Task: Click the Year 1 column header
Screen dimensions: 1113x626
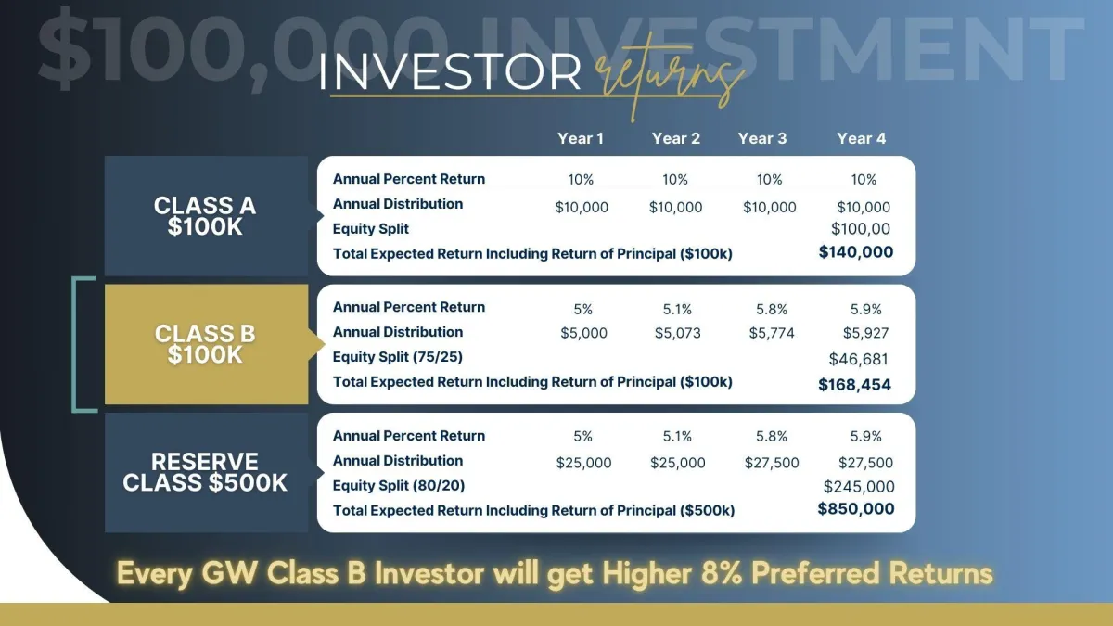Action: click(581, 138)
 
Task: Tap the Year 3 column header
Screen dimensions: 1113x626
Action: click(762, 138)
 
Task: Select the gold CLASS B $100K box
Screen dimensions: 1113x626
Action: click(206, 344)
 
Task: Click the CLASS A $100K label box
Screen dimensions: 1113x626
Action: click(206, 215)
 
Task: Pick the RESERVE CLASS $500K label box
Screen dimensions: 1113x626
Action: click(206, 472)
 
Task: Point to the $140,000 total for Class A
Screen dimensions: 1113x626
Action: click(855, 252)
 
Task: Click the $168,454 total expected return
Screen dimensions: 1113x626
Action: click(854, 385)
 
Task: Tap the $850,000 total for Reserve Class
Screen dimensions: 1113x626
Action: click(855, 509)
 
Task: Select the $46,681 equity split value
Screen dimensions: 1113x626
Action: click(858, 359)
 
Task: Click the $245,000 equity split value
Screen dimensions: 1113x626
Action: click(859, 486)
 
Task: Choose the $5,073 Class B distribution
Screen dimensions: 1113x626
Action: click(677, 333)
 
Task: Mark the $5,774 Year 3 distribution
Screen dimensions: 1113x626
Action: click(772, 333)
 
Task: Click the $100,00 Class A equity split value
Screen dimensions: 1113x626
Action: click(860, 229)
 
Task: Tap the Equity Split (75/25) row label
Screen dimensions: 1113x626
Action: click(398, 357)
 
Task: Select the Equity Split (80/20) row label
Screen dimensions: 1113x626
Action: click(399, 485)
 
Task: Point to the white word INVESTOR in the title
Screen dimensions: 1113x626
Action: click(450, 72)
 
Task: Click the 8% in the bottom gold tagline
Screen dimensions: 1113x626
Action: click(722, 573)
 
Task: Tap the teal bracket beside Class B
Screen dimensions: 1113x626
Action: click(74, 344)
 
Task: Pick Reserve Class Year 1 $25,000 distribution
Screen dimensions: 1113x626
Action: click(583, 463)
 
